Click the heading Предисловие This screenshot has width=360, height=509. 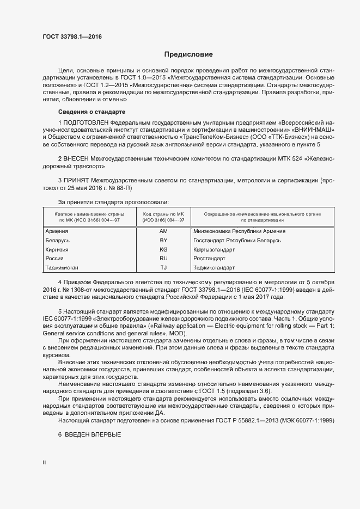pyautogui.click(x=188, y=54)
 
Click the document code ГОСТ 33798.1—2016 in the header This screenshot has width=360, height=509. pyautogui.click(x=72, y=37)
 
